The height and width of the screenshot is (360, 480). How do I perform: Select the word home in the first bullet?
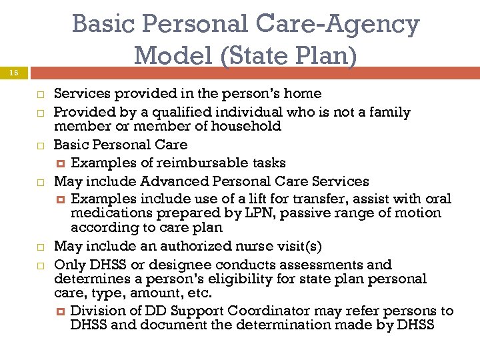click(x=303, y=93)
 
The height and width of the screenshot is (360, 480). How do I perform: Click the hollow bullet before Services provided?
click(x=39, y=94)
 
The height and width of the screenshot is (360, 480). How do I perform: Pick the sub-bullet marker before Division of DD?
click(x=61, y=311)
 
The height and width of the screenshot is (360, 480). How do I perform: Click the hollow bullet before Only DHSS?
click(x=39, y=265)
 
